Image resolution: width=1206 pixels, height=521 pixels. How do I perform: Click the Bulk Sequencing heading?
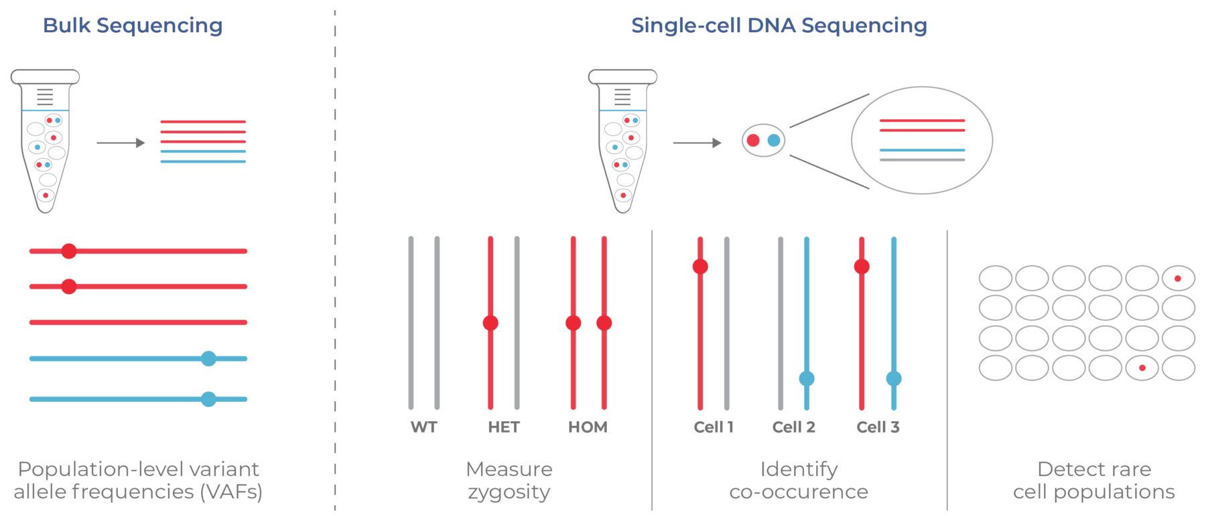tap(133, 25)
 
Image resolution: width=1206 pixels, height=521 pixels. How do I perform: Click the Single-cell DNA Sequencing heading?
tap(779, 25)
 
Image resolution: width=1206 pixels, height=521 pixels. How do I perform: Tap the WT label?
tap(423, 427)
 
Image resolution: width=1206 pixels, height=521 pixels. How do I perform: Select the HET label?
tap(504, 427)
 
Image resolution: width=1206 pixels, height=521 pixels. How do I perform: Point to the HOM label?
tap(588, 427)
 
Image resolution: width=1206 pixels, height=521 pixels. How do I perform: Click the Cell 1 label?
tap(714, 427)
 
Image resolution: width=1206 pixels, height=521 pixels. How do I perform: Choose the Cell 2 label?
tap(793, 427)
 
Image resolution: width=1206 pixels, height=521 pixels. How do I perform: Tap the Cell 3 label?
tap(878, 427)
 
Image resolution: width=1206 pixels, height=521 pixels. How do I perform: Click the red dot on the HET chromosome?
tap(490, 323)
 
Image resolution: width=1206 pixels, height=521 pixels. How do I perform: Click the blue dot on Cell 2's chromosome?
tap(807, 378)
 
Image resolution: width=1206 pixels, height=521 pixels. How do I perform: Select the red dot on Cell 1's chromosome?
tap(700, 267)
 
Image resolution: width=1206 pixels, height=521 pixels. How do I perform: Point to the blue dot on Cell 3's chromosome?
tap(894, 378)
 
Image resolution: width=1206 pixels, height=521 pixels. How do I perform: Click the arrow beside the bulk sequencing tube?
tap(121, 143)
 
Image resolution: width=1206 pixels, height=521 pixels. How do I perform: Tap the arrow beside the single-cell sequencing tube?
tap(697, 143)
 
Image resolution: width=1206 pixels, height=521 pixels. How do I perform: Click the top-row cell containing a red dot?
tap(1178, 278)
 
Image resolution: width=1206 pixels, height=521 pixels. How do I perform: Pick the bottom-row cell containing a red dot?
tap(1142, 368)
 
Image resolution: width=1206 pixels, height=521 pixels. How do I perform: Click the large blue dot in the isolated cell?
tap(774, 140)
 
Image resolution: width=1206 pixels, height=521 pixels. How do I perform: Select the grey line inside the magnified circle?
tap(922, 160)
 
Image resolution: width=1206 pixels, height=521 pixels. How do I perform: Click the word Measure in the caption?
tap(509, 469)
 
